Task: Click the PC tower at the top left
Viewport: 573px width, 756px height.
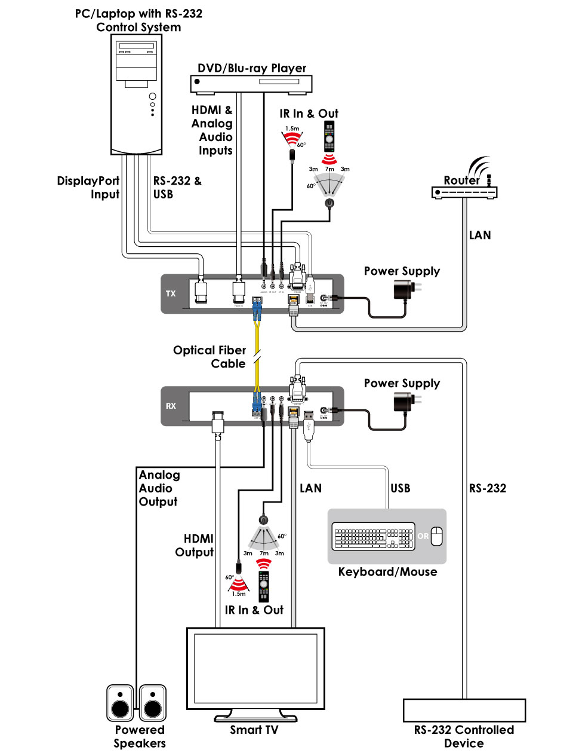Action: tap(137, 94)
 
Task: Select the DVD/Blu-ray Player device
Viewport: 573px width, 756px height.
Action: tap(251, 84)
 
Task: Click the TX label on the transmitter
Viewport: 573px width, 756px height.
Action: tap(171, 293)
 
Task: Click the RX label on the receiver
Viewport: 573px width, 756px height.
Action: tap(171, 406)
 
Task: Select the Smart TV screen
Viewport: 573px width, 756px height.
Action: tap(255, 668)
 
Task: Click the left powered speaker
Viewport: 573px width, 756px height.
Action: tap(120, 703)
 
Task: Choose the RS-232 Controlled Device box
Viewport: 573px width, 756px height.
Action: tap(464, 711)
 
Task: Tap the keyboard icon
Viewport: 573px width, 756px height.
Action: tap(373, 536)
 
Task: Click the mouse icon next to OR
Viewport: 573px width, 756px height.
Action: tap(437, 536)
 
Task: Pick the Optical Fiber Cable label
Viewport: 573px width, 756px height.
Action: tap(210, 357)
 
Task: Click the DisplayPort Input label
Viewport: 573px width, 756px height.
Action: tap(88, 187)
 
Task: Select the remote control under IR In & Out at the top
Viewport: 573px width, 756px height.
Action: tap(329, 137)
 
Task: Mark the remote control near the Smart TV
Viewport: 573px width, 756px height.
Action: tap(263, 586)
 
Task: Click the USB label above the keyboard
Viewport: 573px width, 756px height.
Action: tap(400, 488)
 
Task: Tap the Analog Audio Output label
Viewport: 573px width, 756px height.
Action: tap(159, 488)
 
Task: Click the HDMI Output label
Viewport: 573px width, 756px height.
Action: tap(195, 545)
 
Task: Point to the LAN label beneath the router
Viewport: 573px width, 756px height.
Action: tap(480, 235)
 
